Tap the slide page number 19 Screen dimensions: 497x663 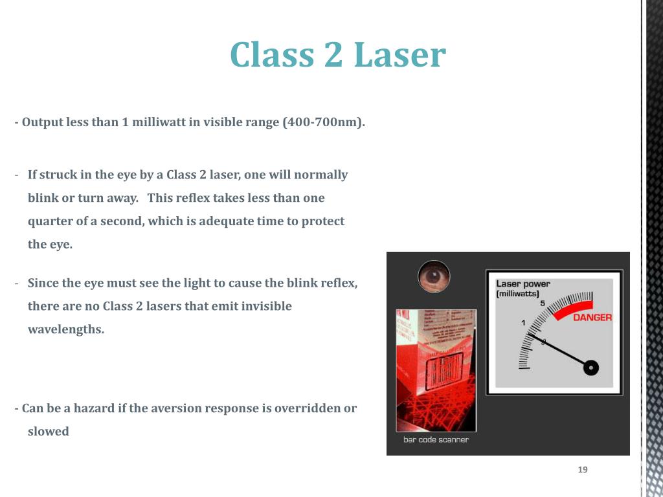[583, 470]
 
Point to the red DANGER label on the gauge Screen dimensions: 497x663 [592, 317]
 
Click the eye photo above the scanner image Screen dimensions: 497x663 [434, 276]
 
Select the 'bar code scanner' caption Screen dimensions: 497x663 [436, 439]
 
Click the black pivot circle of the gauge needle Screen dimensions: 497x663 [590, 368]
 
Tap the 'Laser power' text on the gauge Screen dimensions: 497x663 [523, 283]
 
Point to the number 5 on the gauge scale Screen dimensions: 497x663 [542, 304]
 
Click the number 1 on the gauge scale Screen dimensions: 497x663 [523, 322]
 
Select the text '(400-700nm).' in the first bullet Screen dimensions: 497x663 [324, 122]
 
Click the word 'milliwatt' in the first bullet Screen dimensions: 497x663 [159, 122]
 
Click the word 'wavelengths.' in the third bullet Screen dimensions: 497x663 [65, 329]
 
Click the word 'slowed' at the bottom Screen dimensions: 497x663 [48, 432]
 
